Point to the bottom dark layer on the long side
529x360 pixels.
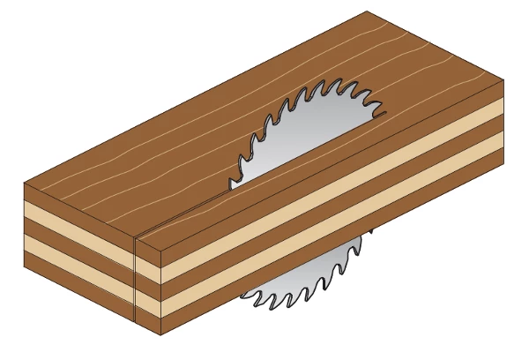(335, 250)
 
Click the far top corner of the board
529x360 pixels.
(367, 11)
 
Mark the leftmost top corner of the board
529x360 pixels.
(25, 184)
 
